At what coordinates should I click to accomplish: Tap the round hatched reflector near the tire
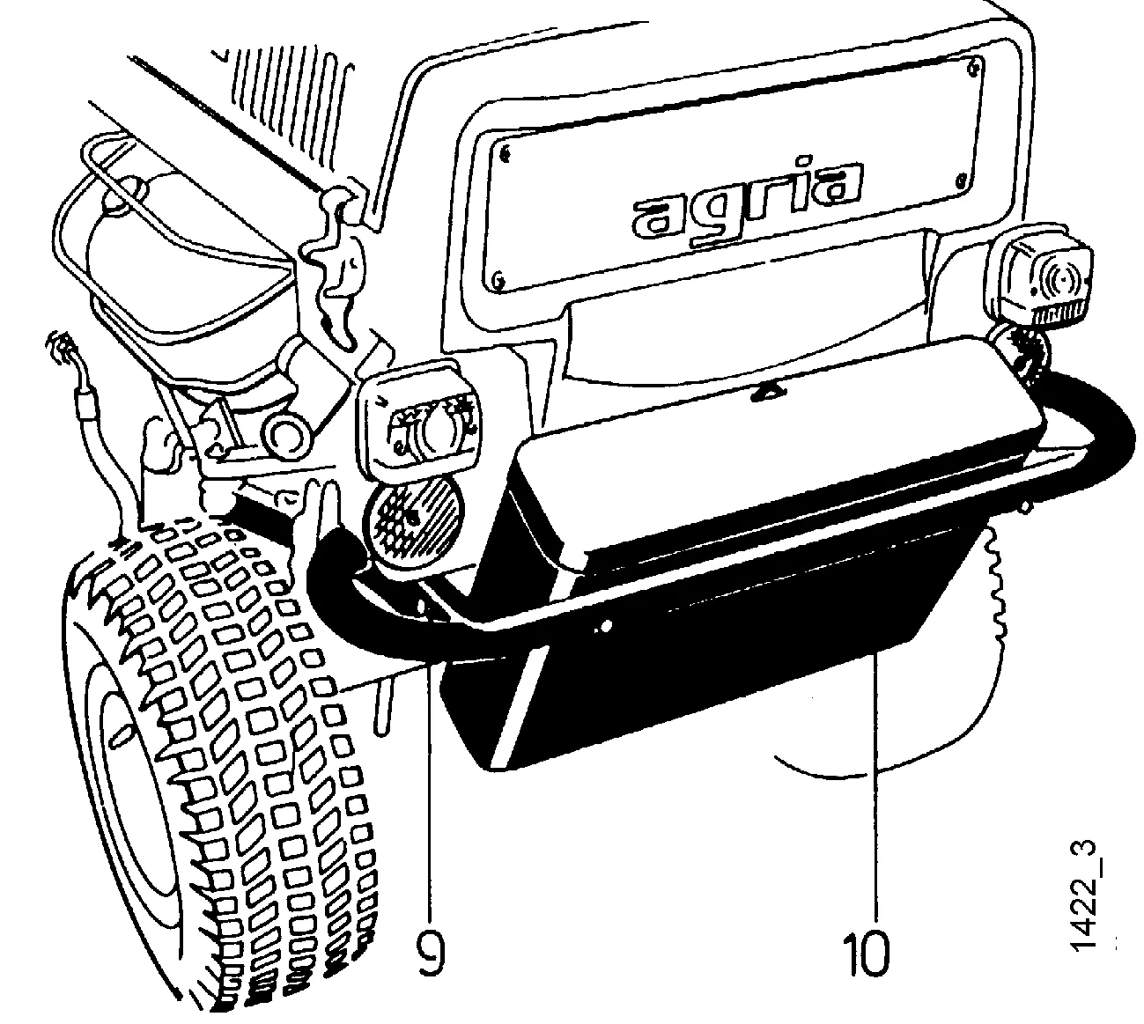pos(414,519)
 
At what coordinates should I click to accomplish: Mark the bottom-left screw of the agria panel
pos(498,281)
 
